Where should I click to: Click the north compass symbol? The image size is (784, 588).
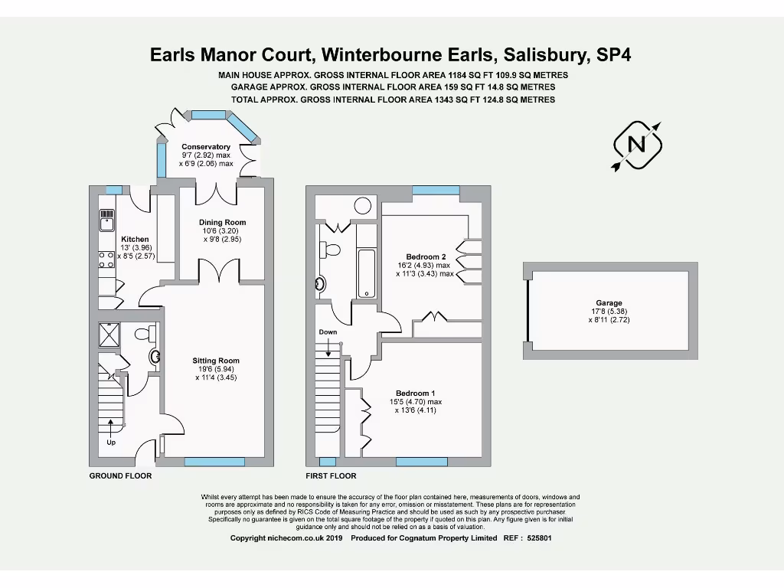click(637, 145)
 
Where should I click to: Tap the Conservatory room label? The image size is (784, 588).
click(206, 147)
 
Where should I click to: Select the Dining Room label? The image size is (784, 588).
click(222, 223)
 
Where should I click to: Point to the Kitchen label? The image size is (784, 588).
click(135, 240)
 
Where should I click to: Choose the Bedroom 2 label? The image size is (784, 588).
click(426, 257)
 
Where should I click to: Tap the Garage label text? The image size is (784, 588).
click(611, 303)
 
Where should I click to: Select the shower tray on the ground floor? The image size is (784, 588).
click(109, 335)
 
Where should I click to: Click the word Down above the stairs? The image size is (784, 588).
click(328, 332)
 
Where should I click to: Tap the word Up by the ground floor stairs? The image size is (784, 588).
click(110, 442)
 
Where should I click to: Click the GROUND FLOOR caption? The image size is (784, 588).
click(120, 476)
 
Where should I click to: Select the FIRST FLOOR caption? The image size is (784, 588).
click(331, 476)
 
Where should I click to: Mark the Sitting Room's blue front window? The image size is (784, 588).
click(214, 462)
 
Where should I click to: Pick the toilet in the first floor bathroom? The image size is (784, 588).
click(332, 250)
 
